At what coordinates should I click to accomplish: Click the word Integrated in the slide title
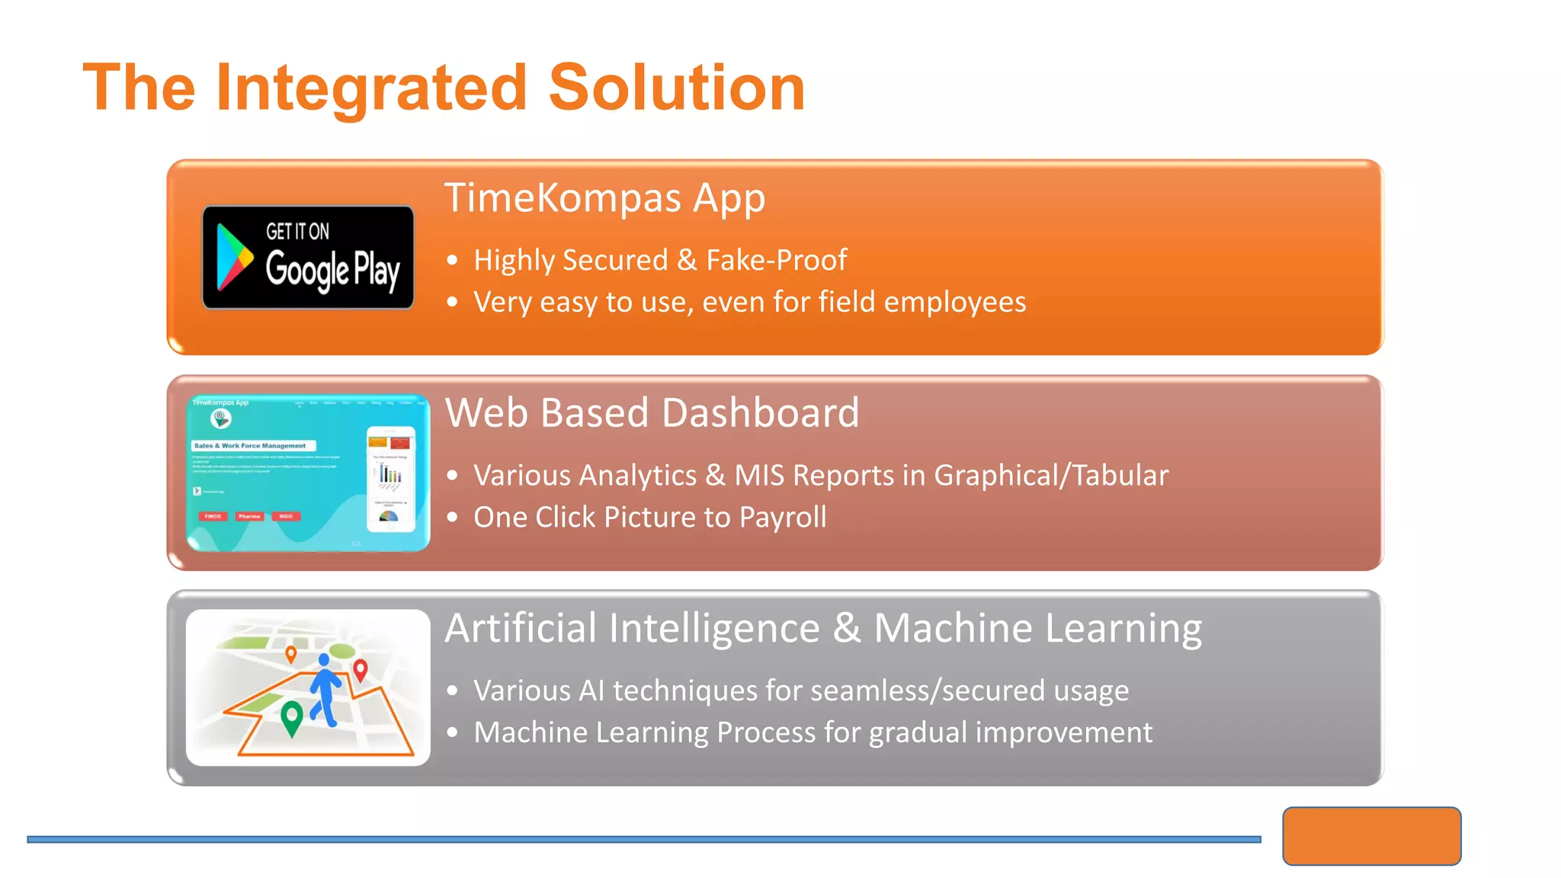[371, 88]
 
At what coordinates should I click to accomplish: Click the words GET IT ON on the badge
[297, 231]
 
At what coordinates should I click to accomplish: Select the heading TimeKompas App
[604, 198]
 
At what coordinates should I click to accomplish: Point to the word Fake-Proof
[776, 261]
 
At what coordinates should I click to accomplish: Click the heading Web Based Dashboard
[652, 413]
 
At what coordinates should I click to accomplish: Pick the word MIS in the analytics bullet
[758, 476]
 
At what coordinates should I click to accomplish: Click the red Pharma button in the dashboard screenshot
[249, 517]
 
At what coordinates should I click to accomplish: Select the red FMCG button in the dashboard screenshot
[213, 517]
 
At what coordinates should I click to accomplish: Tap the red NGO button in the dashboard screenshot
[286, 517]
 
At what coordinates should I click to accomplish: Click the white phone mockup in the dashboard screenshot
[390, 479]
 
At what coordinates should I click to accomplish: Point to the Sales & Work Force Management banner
[252, 446]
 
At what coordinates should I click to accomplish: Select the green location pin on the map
[291, 716]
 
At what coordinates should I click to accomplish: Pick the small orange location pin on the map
[290, 653]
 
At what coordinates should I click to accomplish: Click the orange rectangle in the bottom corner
[1371, 836]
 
